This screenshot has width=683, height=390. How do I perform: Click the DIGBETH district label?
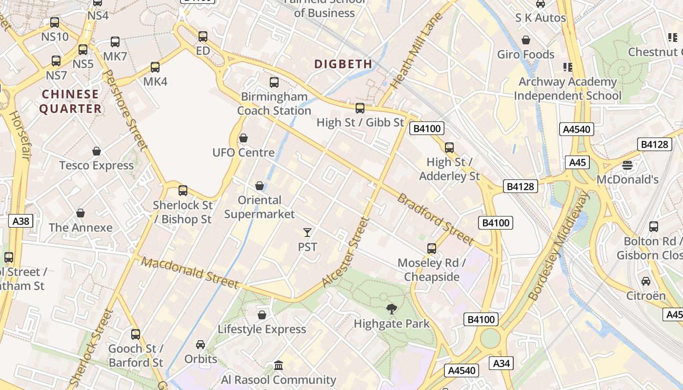pos(343,64)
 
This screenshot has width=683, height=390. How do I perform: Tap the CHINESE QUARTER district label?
pos(70,101)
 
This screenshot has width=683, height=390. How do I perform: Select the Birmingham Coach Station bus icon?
pos(274,82)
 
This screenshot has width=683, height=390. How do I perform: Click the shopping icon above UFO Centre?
pos(243,138)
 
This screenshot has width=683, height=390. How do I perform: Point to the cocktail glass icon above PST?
pos(307,233)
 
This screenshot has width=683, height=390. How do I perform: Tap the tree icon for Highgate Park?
pos(391,309)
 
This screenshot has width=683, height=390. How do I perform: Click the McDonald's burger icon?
pos(627,165)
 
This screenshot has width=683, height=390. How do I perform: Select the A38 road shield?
pos(21,221)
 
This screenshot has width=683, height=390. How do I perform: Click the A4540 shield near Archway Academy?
pos(577,129)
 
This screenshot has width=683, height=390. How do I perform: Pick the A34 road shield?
pos(502,363)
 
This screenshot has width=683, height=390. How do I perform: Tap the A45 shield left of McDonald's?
pos(577,162)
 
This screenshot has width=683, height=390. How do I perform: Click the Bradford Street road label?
pos(435,219)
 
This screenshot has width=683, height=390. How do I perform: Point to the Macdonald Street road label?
pos(190,273)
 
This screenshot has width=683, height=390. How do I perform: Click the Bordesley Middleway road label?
pos(559,246)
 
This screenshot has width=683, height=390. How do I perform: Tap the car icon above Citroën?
pos(646,281)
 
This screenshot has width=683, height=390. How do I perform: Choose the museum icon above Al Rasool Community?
pos(279,365)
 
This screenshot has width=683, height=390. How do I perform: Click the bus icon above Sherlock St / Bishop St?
pos(183,191)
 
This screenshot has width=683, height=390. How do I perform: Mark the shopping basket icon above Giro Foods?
pos(526,40)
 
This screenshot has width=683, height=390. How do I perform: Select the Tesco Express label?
pos(97,165)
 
